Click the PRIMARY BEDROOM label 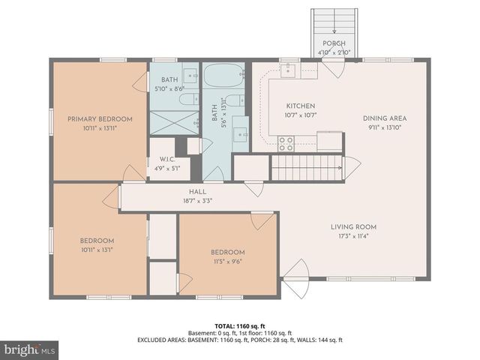[x=100, y=119]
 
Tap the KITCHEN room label [x=301, y=106]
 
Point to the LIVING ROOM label [x=353, y=226]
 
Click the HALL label [x=198, y=193]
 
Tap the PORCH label [x=334, y=43]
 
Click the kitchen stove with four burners [x=286, y=142]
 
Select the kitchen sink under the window [x=289, y=70]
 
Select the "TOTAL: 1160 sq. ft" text [x=239, y=326]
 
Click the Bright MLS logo [x=30, y=349]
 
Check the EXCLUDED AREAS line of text [x=239, y=340]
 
